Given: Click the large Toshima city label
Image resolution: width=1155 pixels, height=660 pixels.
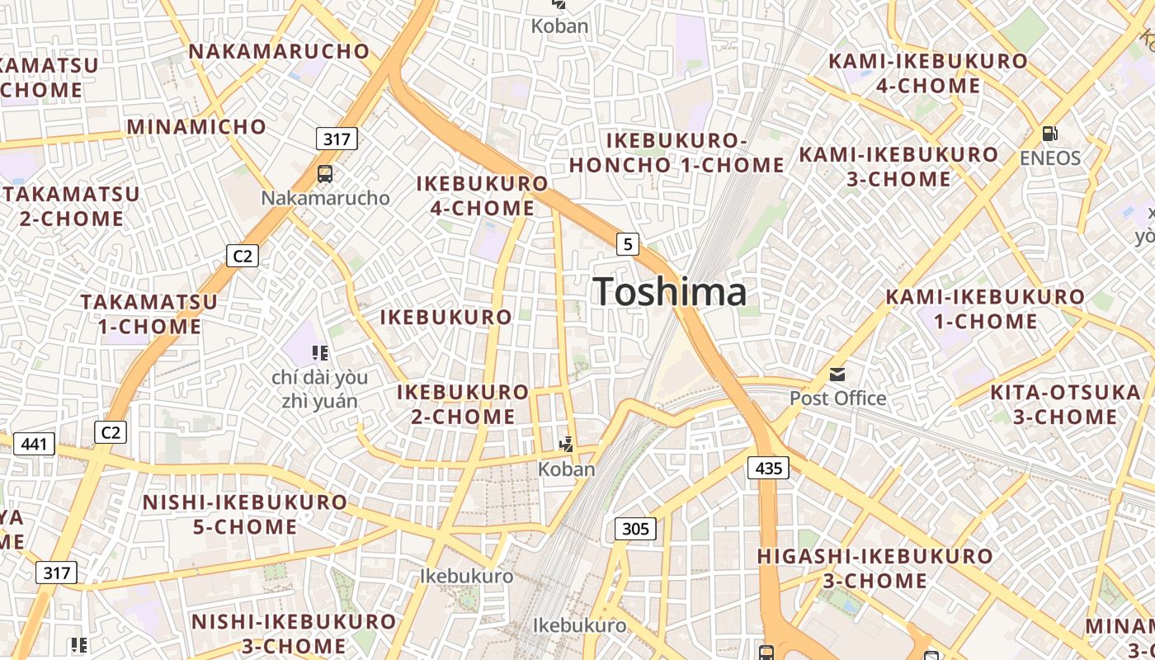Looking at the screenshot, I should pos(669,292).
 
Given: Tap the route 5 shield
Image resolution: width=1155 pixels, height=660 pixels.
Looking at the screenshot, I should pos(628,243).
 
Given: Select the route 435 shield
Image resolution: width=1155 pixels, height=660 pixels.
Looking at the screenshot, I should pos(768,469).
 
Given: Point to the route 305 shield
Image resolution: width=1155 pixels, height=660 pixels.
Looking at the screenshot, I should pos(635,528).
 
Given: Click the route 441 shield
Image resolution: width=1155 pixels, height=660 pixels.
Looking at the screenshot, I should pos(35,444).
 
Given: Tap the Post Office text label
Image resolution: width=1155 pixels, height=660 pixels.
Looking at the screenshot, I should pos(837,398).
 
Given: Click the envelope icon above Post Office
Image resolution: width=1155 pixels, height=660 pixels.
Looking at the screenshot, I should pos(837,375).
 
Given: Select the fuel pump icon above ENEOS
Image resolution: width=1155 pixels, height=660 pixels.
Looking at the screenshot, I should pos(1050,133).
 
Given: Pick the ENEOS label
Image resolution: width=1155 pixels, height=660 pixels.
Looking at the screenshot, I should pos(1050,158).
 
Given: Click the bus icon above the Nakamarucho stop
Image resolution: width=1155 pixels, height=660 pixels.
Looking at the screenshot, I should pos(325,174).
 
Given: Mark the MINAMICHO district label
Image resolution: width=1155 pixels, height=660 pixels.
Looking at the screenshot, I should pos(196,127).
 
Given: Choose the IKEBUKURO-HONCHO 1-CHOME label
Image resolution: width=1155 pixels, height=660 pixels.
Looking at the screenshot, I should pos(676,153).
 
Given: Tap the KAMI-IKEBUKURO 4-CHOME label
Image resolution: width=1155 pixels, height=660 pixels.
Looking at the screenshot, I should pos(928,73).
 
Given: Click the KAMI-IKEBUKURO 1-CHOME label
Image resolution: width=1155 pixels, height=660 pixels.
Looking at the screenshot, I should pos(985,309).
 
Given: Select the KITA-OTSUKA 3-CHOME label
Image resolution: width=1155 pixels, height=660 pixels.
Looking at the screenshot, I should pos(1064,404).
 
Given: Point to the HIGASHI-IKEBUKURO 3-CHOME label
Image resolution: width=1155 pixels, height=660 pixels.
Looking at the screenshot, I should pos(874,568).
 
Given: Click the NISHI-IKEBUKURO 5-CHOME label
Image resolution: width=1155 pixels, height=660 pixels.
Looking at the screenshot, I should pos(245,514).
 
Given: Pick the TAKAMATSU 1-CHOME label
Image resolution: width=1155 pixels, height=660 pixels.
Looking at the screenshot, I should pos(149,313).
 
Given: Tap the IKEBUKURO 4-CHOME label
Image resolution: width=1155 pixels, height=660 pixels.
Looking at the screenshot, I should pos(483,196).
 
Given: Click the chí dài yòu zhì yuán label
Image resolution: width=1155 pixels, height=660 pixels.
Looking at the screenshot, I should pos(319,389).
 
